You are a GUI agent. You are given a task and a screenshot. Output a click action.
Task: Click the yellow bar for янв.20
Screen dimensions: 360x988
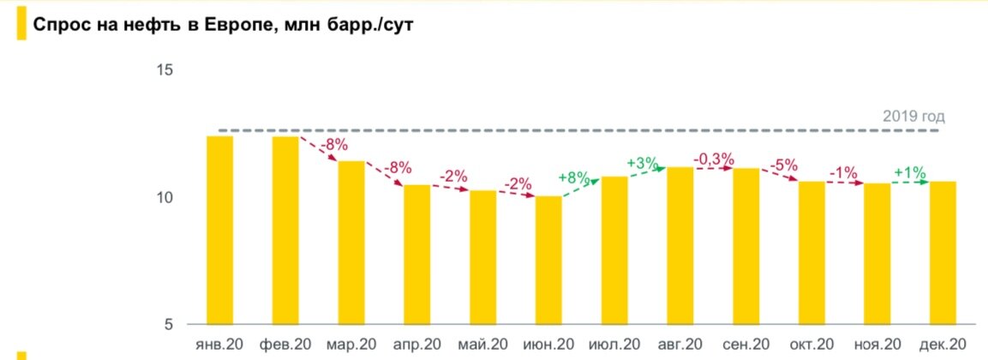point(219,230)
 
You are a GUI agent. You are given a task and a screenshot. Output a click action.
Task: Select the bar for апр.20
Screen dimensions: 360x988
point(417,254)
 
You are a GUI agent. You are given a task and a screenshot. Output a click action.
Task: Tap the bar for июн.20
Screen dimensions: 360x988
point(548,260)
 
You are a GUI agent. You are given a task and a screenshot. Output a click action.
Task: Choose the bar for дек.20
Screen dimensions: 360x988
point(943,252)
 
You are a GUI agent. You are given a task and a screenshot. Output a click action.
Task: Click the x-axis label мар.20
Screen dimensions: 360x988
point(350,344)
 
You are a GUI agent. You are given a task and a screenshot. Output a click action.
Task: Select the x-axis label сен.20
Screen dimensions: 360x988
point(745,344)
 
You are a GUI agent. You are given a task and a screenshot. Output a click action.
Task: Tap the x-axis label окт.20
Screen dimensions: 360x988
point(811,344)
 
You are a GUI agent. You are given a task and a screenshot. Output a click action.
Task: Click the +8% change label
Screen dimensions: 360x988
point(574,178)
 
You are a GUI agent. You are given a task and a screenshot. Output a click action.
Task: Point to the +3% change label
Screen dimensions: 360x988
point(643,163)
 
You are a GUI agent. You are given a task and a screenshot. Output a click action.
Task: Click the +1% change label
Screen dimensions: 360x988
point(910,172)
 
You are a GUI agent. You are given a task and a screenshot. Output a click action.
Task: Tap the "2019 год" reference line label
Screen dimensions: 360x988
point(913,117)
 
